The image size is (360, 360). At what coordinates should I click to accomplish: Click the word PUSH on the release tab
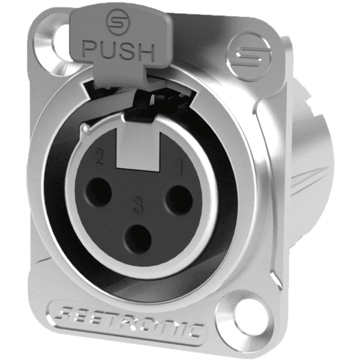click(118, 50)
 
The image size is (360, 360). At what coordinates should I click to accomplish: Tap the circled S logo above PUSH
click(118, 22)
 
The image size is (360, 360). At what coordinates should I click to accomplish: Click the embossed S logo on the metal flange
click(250, 56)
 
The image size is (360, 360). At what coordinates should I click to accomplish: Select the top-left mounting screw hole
click(59, 43)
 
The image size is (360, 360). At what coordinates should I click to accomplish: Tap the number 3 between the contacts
click(138, 206)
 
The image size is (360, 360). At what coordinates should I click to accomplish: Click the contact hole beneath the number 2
click(98, 191)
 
